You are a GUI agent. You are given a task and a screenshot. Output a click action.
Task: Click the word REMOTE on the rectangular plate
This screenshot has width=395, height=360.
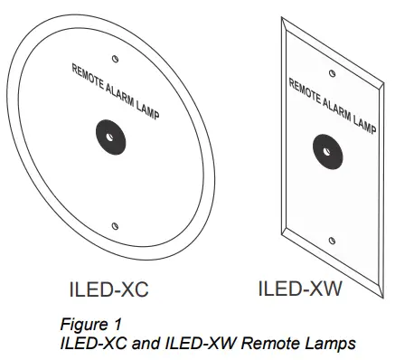[306, 90]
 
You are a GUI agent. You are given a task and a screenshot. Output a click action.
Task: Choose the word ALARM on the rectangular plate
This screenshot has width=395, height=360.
[336, 106]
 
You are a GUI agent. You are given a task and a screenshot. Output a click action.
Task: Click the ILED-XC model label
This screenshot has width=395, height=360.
[108, 290]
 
